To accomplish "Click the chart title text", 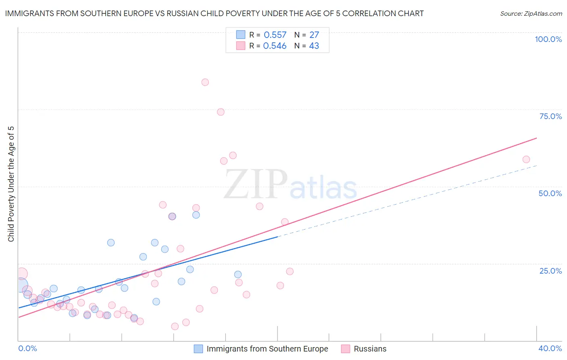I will (x=214, y=14).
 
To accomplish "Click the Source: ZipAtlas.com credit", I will (x=531, y=14).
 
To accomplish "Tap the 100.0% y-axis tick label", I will (x=548, y=39).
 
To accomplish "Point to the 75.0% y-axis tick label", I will (x=550, y=116).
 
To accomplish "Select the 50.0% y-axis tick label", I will (x=550, y=193).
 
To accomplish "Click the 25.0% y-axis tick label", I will (x=550, y=271).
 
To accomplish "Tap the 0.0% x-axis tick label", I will (x=28, y=348).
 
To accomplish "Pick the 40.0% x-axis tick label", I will (x=550, y=348).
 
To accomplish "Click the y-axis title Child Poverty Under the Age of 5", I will (x=11, y=184).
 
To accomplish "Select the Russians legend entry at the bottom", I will (x=370, y=349).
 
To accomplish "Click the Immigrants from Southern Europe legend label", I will (x=267, y=349).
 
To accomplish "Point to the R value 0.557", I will (x=275, y=35).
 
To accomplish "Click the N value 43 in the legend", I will (x=314, y=46).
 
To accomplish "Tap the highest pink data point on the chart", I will (x=205, y=82).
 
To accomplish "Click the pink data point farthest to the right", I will (x=526, y=159).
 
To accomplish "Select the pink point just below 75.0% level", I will (x=221, y=112).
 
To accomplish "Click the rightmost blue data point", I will (x=238, y=274).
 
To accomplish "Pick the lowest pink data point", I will (x=175, y=327).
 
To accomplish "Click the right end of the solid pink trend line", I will (x=536, y=138).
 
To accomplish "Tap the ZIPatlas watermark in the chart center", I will (x=290, y=184).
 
